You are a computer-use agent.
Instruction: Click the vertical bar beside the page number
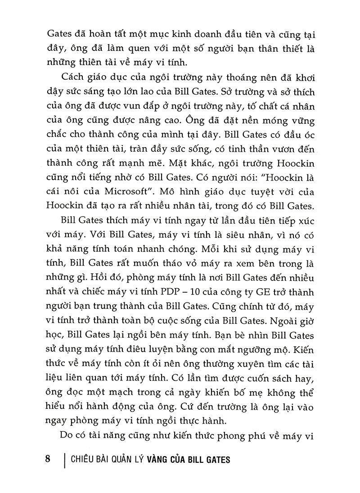pyautogui.click(x=66, y=460)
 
